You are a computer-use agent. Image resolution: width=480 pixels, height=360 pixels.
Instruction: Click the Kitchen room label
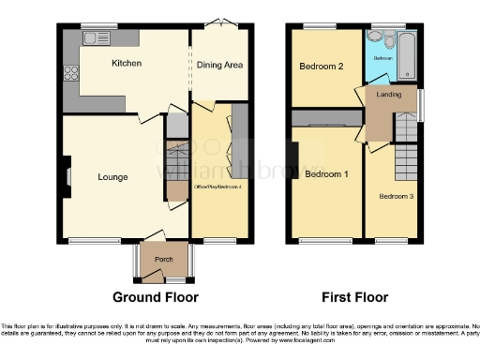click(x=127, y=64)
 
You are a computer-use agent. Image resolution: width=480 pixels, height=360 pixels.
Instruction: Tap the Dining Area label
click(x=219, y=65)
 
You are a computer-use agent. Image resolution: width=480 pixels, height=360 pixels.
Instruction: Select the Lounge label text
click(x=112, y=176)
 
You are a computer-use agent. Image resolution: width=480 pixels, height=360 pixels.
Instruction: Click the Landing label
click(x=389, y=96)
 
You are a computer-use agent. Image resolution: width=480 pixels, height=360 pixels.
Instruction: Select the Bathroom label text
click(x=382, y=58)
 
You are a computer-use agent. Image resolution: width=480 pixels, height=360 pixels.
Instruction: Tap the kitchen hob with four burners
click(x=70, y=74)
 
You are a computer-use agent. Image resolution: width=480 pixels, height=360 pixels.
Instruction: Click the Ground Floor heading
click(x=156, y=297)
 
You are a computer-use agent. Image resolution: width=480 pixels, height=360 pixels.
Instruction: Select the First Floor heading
click(x=355, y=297)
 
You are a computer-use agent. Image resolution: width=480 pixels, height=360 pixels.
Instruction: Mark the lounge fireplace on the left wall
click(x=67, y=175)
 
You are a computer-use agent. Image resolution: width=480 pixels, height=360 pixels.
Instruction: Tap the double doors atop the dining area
click(x=218, y=22)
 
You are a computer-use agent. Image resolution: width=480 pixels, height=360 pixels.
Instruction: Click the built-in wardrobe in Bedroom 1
click(x=325, y=119)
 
